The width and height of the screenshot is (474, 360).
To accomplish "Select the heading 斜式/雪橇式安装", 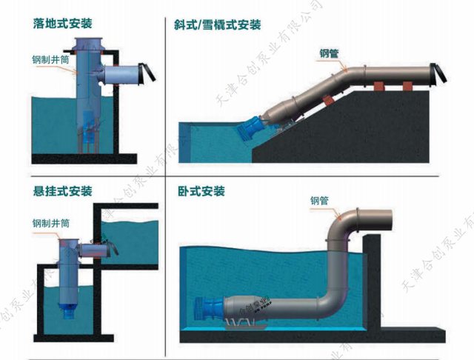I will pos(216,24).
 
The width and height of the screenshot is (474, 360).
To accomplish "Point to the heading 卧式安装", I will pos(201,191).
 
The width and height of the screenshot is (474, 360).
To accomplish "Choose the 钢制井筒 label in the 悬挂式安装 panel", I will pos(50,222).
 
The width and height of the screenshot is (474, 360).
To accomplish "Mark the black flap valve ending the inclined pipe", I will pos(440,73).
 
